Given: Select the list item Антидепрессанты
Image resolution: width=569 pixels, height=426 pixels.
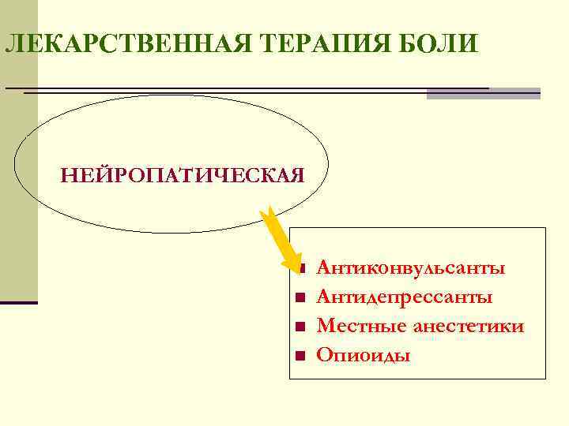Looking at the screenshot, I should click(404, 297).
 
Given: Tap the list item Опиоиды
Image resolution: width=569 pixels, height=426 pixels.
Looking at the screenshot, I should click(363, 355).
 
